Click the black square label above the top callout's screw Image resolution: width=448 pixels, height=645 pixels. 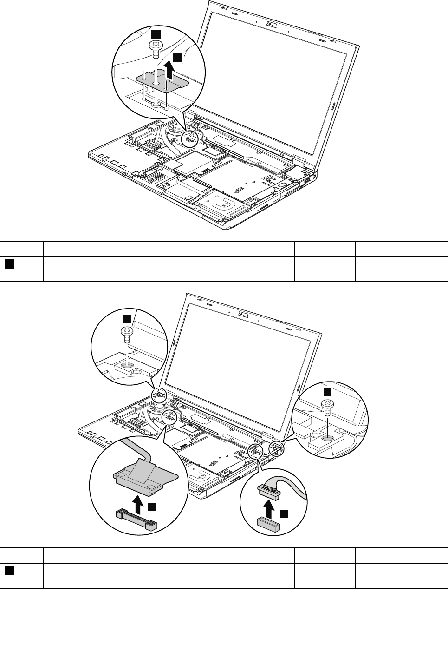(157, 33)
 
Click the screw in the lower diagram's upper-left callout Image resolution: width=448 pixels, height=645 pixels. (127, 331)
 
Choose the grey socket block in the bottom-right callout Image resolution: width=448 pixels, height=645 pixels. (267, 524)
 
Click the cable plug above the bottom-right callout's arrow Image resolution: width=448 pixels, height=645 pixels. (268, 489)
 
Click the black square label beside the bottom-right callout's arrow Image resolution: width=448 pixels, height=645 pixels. (284, 514)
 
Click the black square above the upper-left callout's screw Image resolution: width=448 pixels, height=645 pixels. (127, 318)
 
